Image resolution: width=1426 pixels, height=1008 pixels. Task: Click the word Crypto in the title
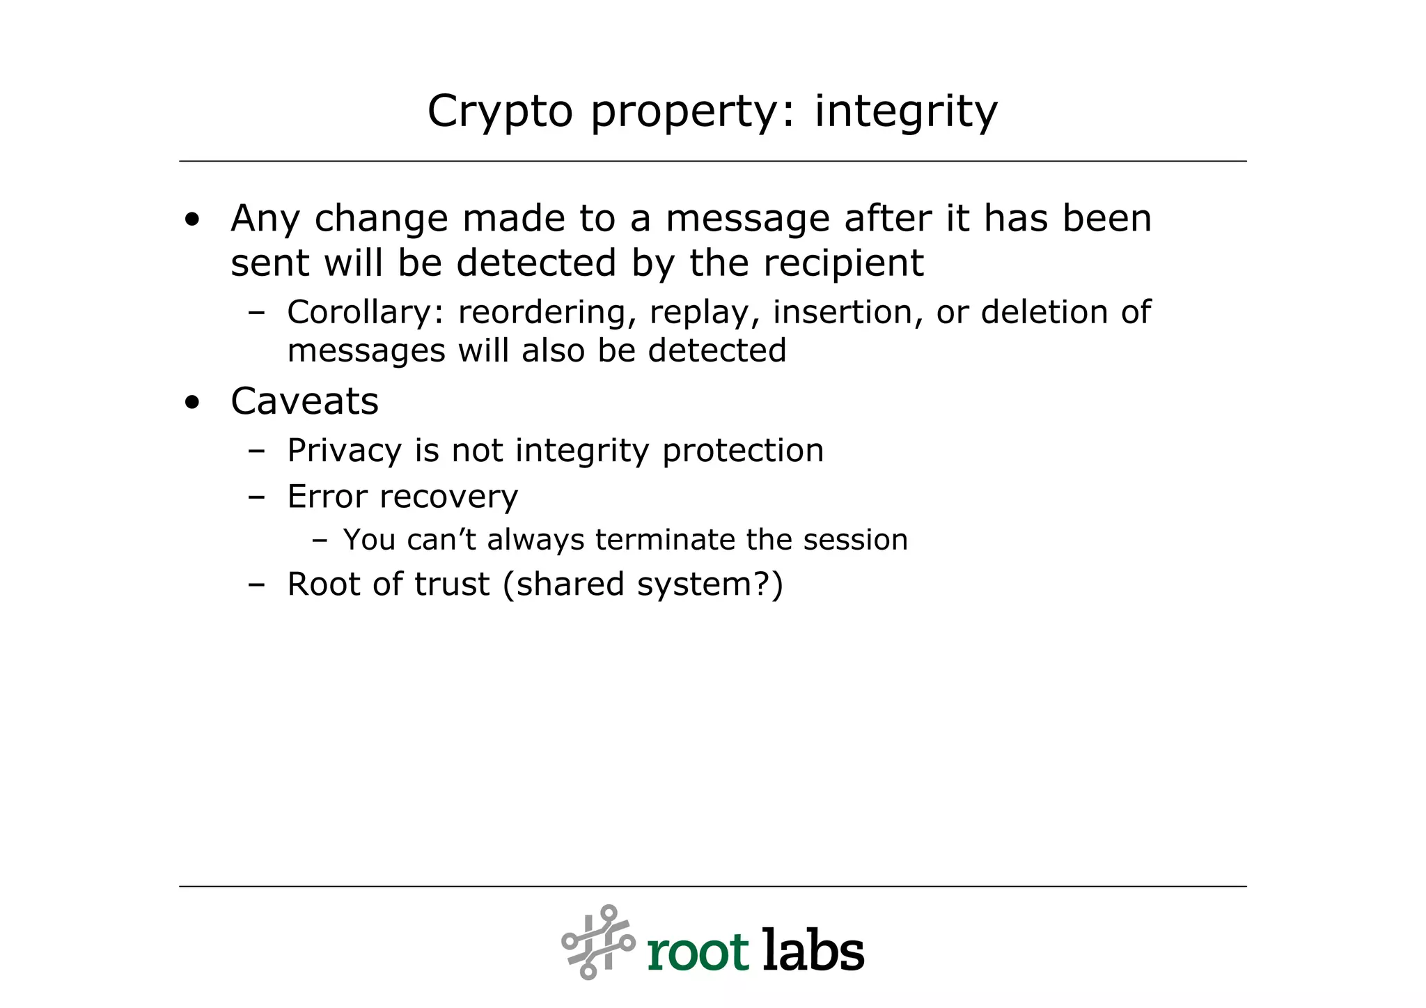pos(499,111)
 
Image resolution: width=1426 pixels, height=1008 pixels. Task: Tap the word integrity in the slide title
pos(906,111)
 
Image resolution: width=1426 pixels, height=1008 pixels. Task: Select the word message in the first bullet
pos(747,219)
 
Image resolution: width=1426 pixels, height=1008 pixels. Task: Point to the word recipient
pos(843,263)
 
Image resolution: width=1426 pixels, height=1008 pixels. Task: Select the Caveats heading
pos(304,401)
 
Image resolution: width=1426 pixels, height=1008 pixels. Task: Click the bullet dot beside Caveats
pos(192,403)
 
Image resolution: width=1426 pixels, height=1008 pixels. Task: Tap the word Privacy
pos(344,451)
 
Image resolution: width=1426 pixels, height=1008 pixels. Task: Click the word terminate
pos(665,540)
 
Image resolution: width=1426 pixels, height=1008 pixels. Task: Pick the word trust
pos(452,584)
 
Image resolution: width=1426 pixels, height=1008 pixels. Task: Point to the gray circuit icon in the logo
pos(598,942)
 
